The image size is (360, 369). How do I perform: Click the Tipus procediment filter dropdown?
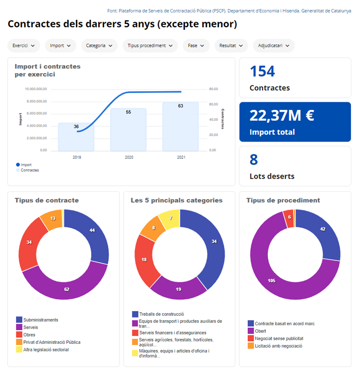coord(150,46)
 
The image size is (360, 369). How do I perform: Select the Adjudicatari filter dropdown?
coord(274,46)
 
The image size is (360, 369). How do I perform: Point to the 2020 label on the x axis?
coord(129,157)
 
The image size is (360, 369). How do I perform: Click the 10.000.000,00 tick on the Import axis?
coord(36,89)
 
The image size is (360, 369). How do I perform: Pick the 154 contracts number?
coord(262,72)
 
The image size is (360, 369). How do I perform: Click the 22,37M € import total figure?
coord(282,116)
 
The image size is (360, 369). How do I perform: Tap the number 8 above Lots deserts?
coord(254,160)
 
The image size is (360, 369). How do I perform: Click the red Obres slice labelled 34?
coord(29,243)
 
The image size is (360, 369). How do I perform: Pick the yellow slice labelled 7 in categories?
coord(171,219)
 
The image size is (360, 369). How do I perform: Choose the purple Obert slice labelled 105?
coord(271,280)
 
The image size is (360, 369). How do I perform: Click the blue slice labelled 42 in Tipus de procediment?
coord(322,229)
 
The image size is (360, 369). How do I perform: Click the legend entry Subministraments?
coord(41,320)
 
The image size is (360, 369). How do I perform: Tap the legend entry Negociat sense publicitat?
coord(279,338)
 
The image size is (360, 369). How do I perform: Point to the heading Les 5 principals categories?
coord(176,200)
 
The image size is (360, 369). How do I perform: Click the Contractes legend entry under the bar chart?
coord(29,170)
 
